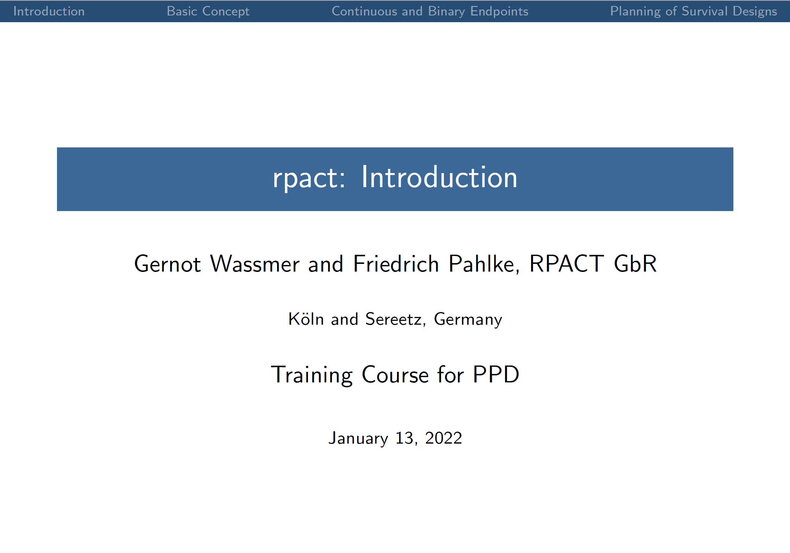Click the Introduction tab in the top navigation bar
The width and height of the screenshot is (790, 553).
tap(49, 11)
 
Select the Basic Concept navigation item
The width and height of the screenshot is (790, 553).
tap(208, 12)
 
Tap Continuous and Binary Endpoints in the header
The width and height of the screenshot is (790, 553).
tap(430, 12)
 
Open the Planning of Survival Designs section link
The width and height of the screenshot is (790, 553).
tap(693, 12)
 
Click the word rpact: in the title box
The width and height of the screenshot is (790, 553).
tap(309, 178)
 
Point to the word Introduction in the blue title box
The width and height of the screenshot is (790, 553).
tap(439, 177)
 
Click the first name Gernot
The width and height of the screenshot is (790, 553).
tap(167, 264)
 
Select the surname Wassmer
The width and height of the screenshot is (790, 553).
tap(255, 264)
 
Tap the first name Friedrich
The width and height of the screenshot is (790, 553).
tap(396, 263)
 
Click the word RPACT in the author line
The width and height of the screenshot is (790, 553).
tap(567, 263)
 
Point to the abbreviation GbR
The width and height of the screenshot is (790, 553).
tap(635, 263)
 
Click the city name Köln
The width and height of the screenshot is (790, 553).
tap(306, 319)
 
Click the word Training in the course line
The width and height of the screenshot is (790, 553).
tap(312, 375)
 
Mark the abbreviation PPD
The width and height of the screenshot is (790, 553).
tap(496, 374)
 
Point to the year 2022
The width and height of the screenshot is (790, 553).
tap(443, 438)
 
